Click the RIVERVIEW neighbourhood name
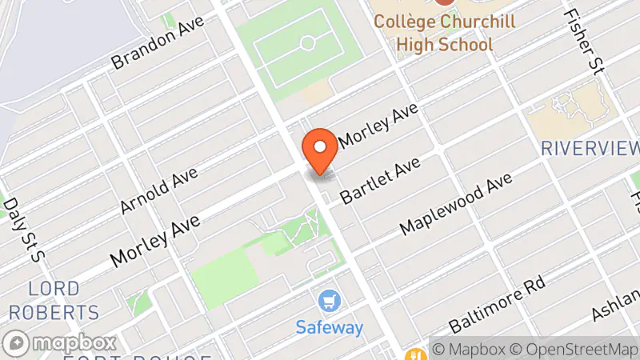click(590, 148)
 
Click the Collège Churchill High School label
click(444, 32)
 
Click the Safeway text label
click(330, 327)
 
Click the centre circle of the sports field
click(307, 42)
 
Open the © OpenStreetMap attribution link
click(575, 350)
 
